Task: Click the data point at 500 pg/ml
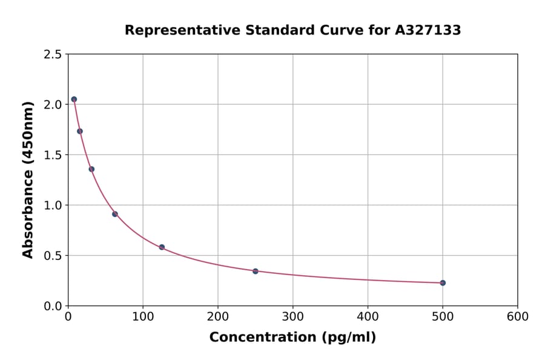click(443, 283)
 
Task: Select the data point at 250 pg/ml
click(256, 271)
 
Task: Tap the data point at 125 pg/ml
click(162, 247)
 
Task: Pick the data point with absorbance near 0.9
click(115, 214)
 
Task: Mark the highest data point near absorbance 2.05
click(74, 99)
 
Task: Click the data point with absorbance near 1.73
click(80, 132)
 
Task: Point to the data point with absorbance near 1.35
click(91, 169)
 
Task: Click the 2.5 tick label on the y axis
click(53, 55)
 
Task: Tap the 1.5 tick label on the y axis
click(53, 155)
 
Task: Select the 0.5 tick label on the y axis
click(53, 256)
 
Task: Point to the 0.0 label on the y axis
click(53, 306)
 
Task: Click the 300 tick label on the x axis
click(292, 317)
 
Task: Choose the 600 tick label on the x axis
click(517, 317)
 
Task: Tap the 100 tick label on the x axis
click(143, 317)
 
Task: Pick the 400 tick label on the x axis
click(368, 317)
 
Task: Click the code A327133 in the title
click(428, 30)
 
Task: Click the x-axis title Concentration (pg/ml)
click(292, 338)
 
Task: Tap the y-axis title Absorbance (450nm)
click(28, 180)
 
